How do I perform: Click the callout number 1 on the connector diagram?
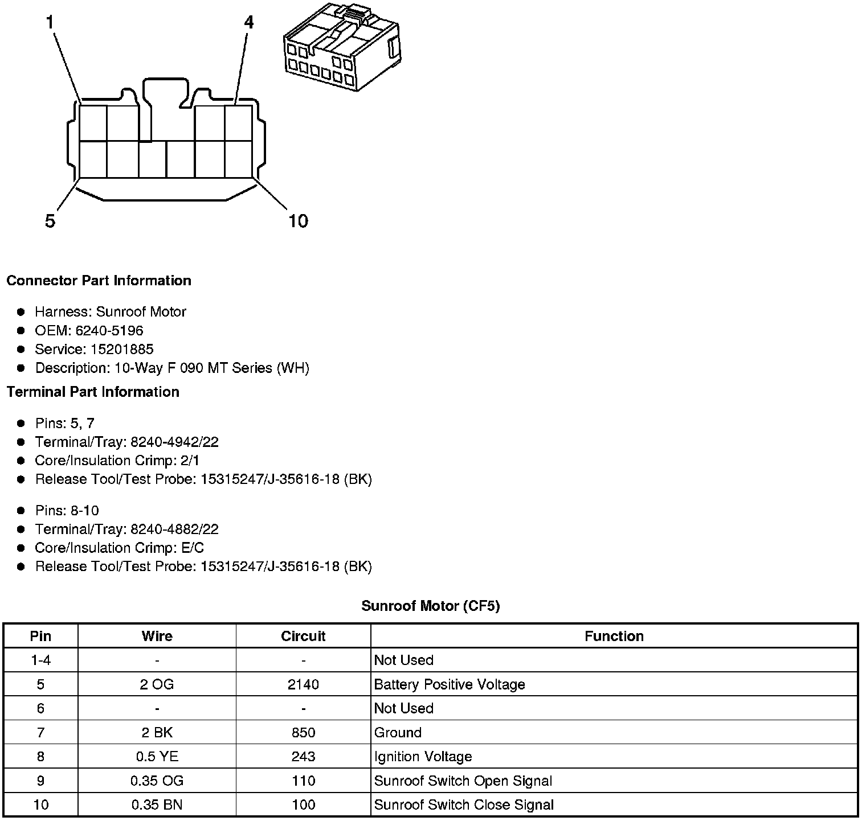(x=50, y=22)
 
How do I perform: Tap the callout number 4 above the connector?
(x=248, y=22)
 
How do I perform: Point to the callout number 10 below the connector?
(x=298, y=221)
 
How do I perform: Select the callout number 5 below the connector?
(x=50, y=221)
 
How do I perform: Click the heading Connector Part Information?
(x=99, y=281)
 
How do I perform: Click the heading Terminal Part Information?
(x=93, y=392)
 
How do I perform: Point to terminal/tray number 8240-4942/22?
(x=174, y=442)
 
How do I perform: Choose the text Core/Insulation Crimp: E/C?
(x=120, y=548)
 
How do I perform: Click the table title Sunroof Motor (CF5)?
(x=431, y=606)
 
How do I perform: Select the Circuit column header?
(x=303, y=636)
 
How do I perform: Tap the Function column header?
(x=614, y=636)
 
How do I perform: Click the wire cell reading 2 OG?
(x=157, y=684)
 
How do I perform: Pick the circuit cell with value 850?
(x=303, y=733)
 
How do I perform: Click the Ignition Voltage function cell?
(x=423, y=757)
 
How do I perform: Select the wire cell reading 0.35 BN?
(x=157, y=804)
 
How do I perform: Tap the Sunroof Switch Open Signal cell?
(x=463, y=781)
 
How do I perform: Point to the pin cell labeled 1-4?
(x=40, y=660)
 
